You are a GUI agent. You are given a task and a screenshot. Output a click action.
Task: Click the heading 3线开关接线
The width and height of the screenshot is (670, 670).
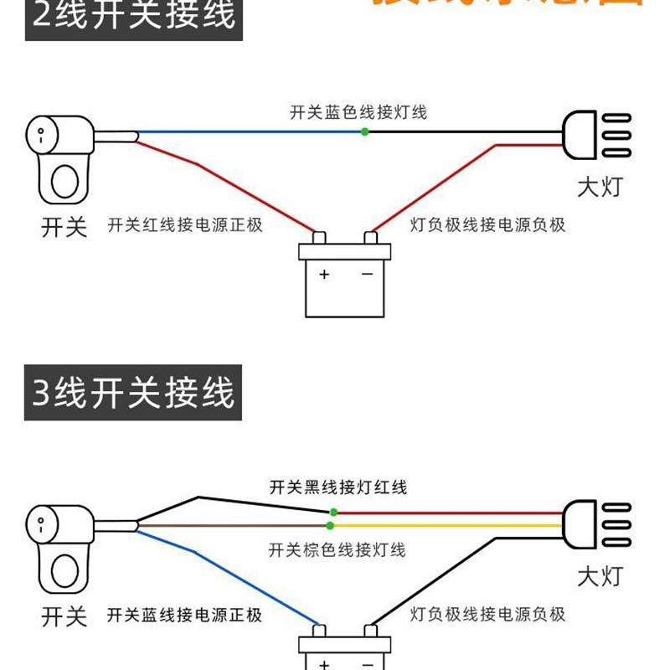point(134,393)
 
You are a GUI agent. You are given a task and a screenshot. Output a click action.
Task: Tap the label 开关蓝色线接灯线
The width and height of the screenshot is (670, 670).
point(358,111)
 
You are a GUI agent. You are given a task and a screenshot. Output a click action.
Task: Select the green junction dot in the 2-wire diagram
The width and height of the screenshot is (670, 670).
point(364,132)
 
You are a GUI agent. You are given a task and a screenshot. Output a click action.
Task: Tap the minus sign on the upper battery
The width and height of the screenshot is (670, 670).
point(367,275)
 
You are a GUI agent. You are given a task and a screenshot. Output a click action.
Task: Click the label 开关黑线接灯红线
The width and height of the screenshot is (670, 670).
point(338,487)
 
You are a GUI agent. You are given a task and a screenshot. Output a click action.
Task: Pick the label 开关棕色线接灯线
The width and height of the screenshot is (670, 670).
point(337,549)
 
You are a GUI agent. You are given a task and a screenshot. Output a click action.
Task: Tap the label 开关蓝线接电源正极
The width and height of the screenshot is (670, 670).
point(185,616)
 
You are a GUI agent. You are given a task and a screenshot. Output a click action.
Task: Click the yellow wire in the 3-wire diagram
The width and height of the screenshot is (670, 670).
point(444,525)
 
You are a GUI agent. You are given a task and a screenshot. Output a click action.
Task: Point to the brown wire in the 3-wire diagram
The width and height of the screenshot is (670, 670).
point(234,525)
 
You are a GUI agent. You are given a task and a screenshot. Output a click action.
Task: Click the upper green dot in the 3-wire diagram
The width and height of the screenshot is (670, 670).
point(333,512)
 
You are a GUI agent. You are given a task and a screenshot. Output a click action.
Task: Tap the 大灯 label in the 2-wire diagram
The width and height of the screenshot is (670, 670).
point(600,186)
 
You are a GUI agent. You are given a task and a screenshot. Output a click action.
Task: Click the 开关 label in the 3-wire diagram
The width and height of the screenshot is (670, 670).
point(64,617)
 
